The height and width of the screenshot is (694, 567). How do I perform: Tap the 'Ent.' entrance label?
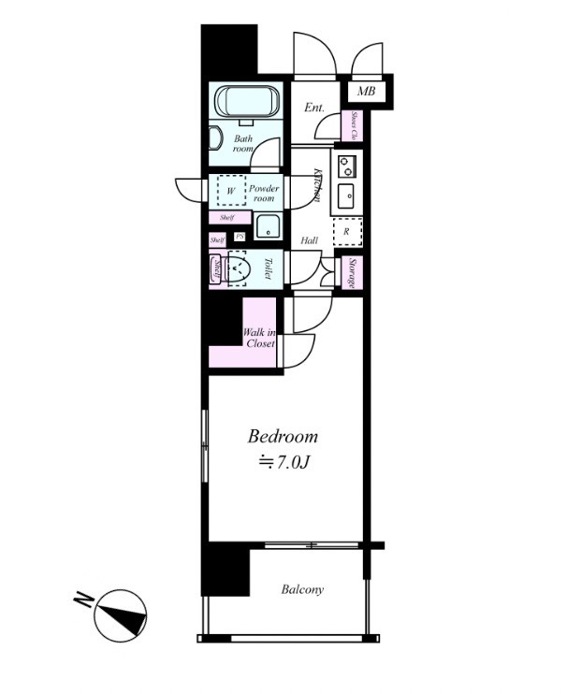pos(314,108)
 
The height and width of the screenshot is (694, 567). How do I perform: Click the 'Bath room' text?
pos(243,143)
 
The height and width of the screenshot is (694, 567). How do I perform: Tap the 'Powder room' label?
pos(264,194)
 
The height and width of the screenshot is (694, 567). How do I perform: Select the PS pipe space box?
pos(240,237)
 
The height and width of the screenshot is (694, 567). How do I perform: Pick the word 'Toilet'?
pos(267,269)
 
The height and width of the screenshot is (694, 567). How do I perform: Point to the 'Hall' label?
pos(309,240)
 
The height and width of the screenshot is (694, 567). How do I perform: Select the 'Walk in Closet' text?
pos(259,338)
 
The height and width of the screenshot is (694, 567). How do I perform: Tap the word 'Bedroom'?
pos(283,436)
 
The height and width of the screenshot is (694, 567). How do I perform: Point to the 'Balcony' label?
pos(302,589)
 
